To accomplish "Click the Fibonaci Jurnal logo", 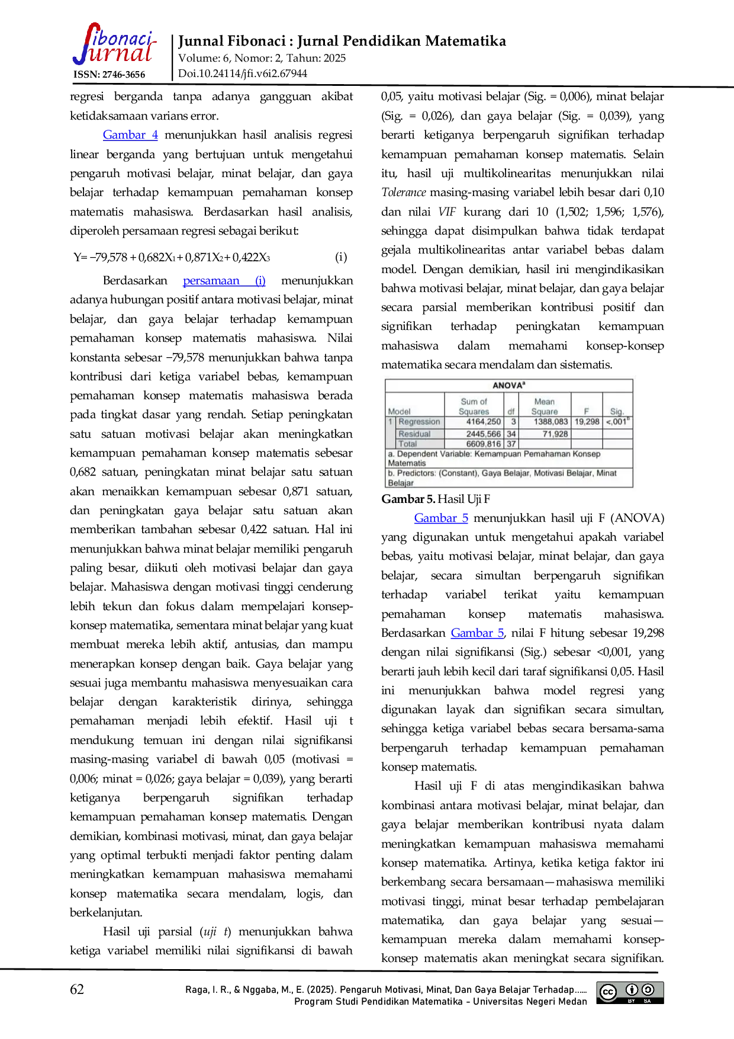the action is (x=114, y=44).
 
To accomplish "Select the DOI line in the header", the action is (x=243, y=73).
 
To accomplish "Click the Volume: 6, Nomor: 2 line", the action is (x=262, y=58).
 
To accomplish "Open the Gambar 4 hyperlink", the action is (x=130, y=135).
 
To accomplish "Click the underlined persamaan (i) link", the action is (x=224, y=281).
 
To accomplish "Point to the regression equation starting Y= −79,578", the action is (x=172, y=257).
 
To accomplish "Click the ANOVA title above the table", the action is (x=509, y=385).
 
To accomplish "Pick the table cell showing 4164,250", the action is (x=484, y=422).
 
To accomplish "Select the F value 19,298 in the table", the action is (x=587, y=422).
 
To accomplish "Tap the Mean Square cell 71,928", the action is (x=555, y=434).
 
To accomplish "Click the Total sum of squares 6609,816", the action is (x=484, y=444).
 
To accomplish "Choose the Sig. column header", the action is (x=617, y=411).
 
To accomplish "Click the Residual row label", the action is (x=414, y=434).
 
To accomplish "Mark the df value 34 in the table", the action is (x=511, y=434).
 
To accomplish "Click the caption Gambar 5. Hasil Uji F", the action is (x=436, y=499).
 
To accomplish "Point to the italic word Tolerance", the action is (x=404, y=193).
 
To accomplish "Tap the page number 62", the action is (x=77, y=989).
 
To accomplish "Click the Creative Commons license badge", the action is (x=630, y=993).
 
